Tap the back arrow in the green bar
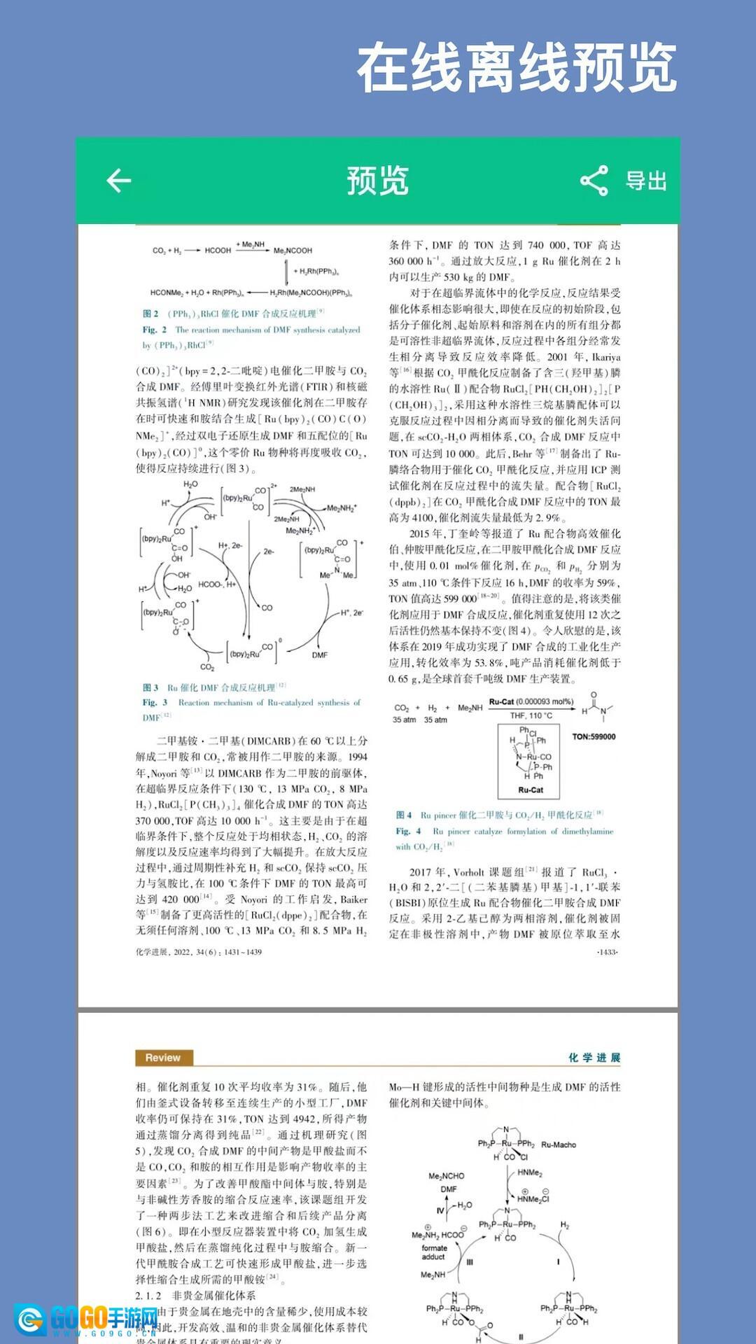click(119, 181)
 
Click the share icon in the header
click(594, 181)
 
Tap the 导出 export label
click(645, 181)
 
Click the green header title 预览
click(377, 181)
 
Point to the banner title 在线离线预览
click(517, 68)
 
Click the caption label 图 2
click(150, 314)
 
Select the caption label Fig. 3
click(155, 702)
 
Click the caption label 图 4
click(404, 815)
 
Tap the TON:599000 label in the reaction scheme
click(594, 736)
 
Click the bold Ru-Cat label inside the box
click(530, 790)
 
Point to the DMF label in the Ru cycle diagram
click(320, 655)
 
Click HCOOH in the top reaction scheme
click(218, 250)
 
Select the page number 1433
click(607, 952)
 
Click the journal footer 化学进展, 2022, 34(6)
click(198, 952)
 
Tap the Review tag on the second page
click(162, 1058)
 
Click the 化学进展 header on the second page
click(594, 1058)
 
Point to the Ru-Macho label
click(558, 1144)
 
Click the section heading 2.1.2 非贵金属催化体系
click(195, 1296)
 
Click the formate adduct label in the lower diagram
click(434, 1252)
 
